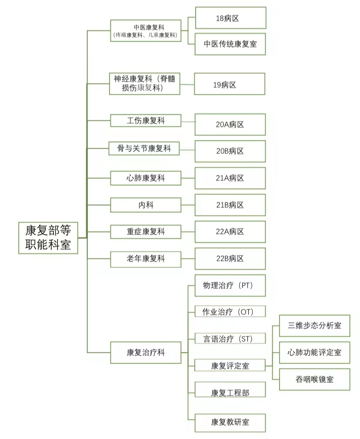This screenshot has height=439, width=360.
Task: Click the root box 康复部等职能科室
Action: click(x=48, y=238)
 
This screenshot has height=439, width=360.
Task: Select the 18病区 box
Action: click(x=230, y=18)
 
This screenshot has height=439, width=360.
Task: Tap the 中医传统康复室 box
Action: click(x=230, y=44)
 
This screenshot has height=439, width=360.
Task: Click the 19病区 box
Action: click(x=230, y=84)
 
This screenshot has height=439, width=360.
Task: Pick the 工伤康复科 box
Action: click(x=146, y=121)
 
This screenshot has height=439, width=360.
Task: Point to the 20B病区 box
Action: click(x=230, y=151)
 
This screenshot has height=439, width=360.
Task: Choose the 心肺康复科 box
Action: click(x=146, y=178)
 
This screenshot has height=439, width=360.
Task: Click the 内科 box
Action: click(x=146, y=205)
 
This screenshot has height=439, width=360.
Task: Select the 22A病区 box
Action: click(x=230, y=232)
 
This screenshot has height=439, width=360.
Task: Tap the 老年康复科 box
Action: click(x=146, y=259)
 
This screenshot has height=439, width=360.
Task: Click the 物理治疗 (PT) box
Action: click(x=230, y=285)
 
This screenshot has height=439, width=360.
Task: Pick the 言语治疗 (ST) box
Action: click(x=230, y=338)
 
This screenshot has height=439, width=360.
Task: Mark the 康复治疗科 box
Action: click(x=146, y=352)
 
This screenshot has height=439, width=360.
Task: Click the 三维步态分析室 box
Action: click(x=314, y=325)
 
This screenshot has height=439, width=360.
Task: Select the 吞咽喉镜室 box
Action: click(x=314, y=379)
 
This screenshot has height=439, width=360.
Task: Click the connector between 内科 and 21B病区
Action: click(x=188, y=205)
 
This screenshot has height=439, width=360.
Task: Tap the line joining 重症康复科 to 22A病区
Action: click(x=188, y=232)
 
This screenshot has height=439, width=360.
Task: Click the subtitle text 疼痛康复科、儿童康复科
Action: click(x=146, y=35)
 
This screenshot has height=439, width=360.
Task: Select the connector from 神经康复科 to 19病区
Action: click(x=187, y=84)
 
